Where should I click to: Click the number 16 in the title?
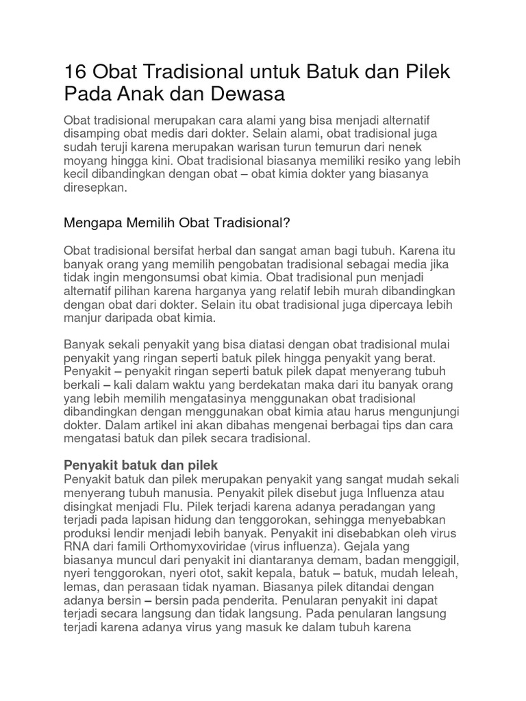point(74,72)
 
